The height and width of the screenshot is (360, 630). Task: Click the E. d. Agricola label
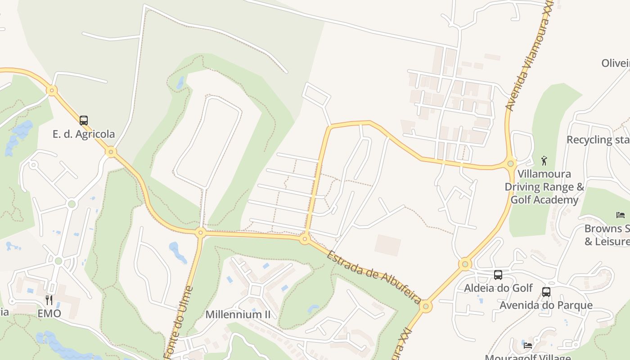click(x=84, y=134)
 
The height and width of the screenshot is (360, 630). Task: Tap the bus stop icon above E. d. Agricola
click(x=84, y=121)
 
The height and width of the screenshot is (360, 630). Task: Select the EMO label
click(x=49, y=313)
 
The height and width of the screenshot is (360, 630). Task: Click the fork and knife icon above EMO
click(x=49, y=300)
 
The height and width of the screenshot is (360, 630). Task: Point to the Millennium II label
click(x=238, y=314)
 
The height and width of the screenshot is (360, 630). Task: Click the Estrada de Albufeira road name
click(x=373, y=278)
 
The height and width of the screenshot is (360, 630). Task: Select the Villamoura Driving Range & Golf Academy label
click(x=544, y=187)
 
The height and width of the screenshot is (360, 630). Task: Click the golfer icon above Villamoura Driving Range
click(x=544, y=161)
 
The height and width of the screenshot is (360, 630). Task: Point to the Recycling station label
click(x=598, y=139)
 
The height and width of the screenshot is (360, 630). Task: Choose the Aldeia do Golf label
click(x=498, y=288)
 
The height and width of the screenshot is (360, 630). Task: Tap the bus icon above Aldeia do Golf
click(x=498, y=275)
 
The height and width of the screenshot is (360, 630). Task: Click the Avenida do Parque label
click(x=546, y=305)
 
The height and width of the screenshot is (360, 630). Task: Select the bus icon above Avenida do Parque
click(x=546, y=292)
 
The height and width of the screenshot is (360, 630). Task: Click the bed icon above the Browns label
click(x=621, y=215)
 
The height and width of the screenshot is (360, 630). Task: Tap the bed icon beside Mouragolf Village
click(x=528, y=346)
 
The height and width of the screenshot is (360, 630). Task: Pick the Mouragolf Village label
click(x=527, y=357)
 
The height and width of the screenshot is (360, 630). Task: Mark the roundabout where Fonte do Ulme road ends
click(x=201, y=233)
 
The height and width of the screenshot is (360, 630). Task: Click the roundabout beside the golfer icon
click(x=510, y=163)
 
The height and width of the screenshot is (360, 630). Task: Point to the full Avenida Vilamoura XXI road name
click(x=529, y=56)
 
